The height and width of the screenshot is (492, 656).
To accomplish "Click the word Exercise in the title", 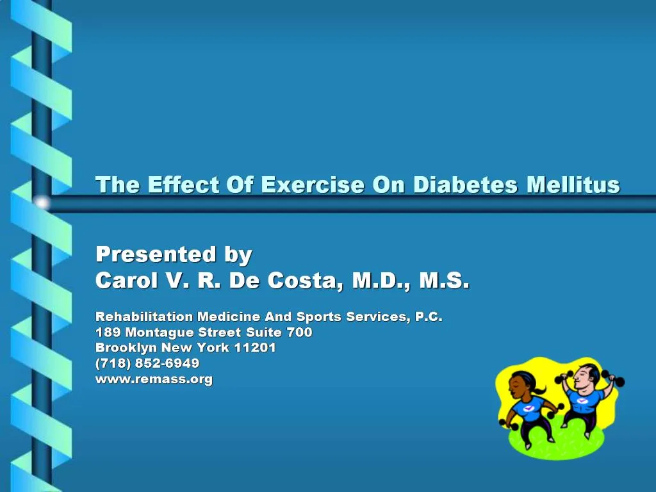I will point(313,185).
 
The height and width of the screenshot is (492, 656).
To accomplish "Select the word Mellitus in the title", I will point(573,185).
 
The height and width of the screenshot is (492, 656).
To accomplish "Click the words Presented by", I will point(174,254).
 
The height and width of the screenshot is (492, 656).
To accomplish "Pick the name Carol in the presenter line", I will point(126,281).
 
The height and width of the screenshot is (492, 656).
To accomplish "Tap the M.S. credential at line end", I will point(445,281).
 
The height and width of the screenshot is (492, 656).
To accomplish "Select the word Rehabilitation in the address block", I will point(144,316).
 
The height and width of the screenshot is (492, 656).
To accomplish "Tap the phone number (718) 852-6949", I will point(147,363).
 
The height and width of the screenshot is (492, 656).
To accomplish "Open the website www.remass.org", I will point(154,379).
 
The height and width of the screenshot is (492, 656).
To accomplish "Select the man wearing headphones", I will point(584,400).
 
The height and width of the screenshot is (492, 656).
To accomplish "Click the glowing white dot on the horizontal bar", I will point(42,203).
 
